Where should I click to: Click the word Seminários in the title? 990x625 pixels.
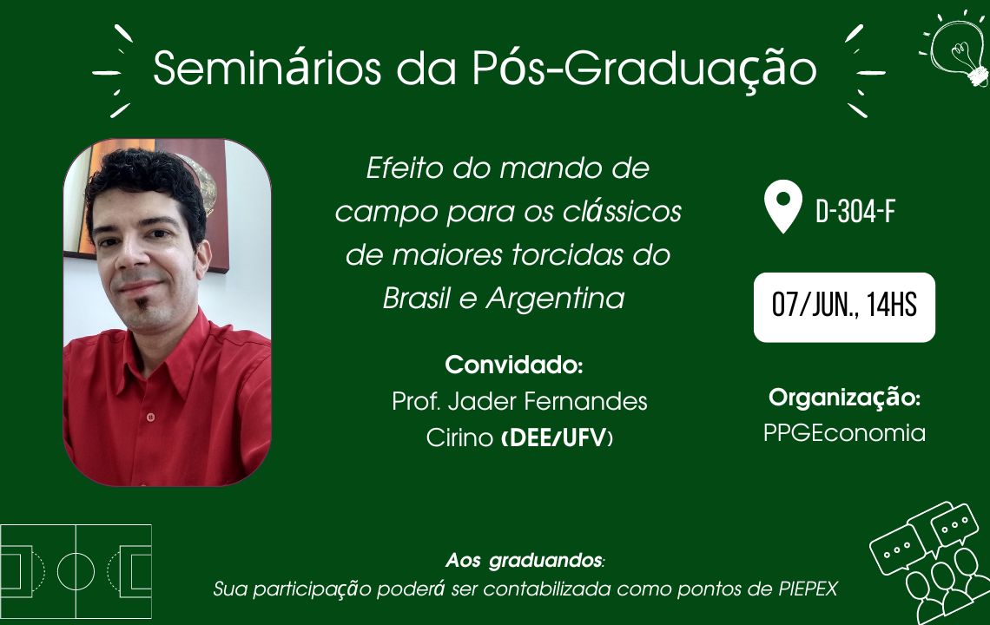(x=267, y=68)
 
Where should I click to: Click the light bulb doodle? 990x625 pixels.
(x=955, y=49)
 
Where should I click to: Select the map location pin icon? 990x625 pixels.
(x=783, y=206)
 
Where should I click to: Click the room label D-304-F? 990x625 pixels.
(x=855, y=212)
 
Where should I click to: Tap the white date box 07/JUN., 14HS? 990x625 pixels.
(x=844, y=307)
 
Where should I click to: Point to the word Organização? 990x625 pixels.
(x=844, y=398)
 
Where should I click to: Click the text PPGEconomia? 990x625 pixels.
(x=844, y=433)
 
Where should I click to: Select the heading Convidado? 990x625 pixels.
(x=513, y=365)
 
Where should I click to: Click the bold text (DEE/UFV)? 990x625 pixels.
(x=557, y=437)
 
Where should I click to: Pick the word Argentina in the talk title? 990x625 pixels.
(x=555, y=298)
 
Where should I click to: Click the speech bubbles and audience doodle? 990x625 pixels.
(x=929, y=562)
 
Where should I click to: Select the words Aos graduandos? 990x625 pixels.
(x=524, y=560)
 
